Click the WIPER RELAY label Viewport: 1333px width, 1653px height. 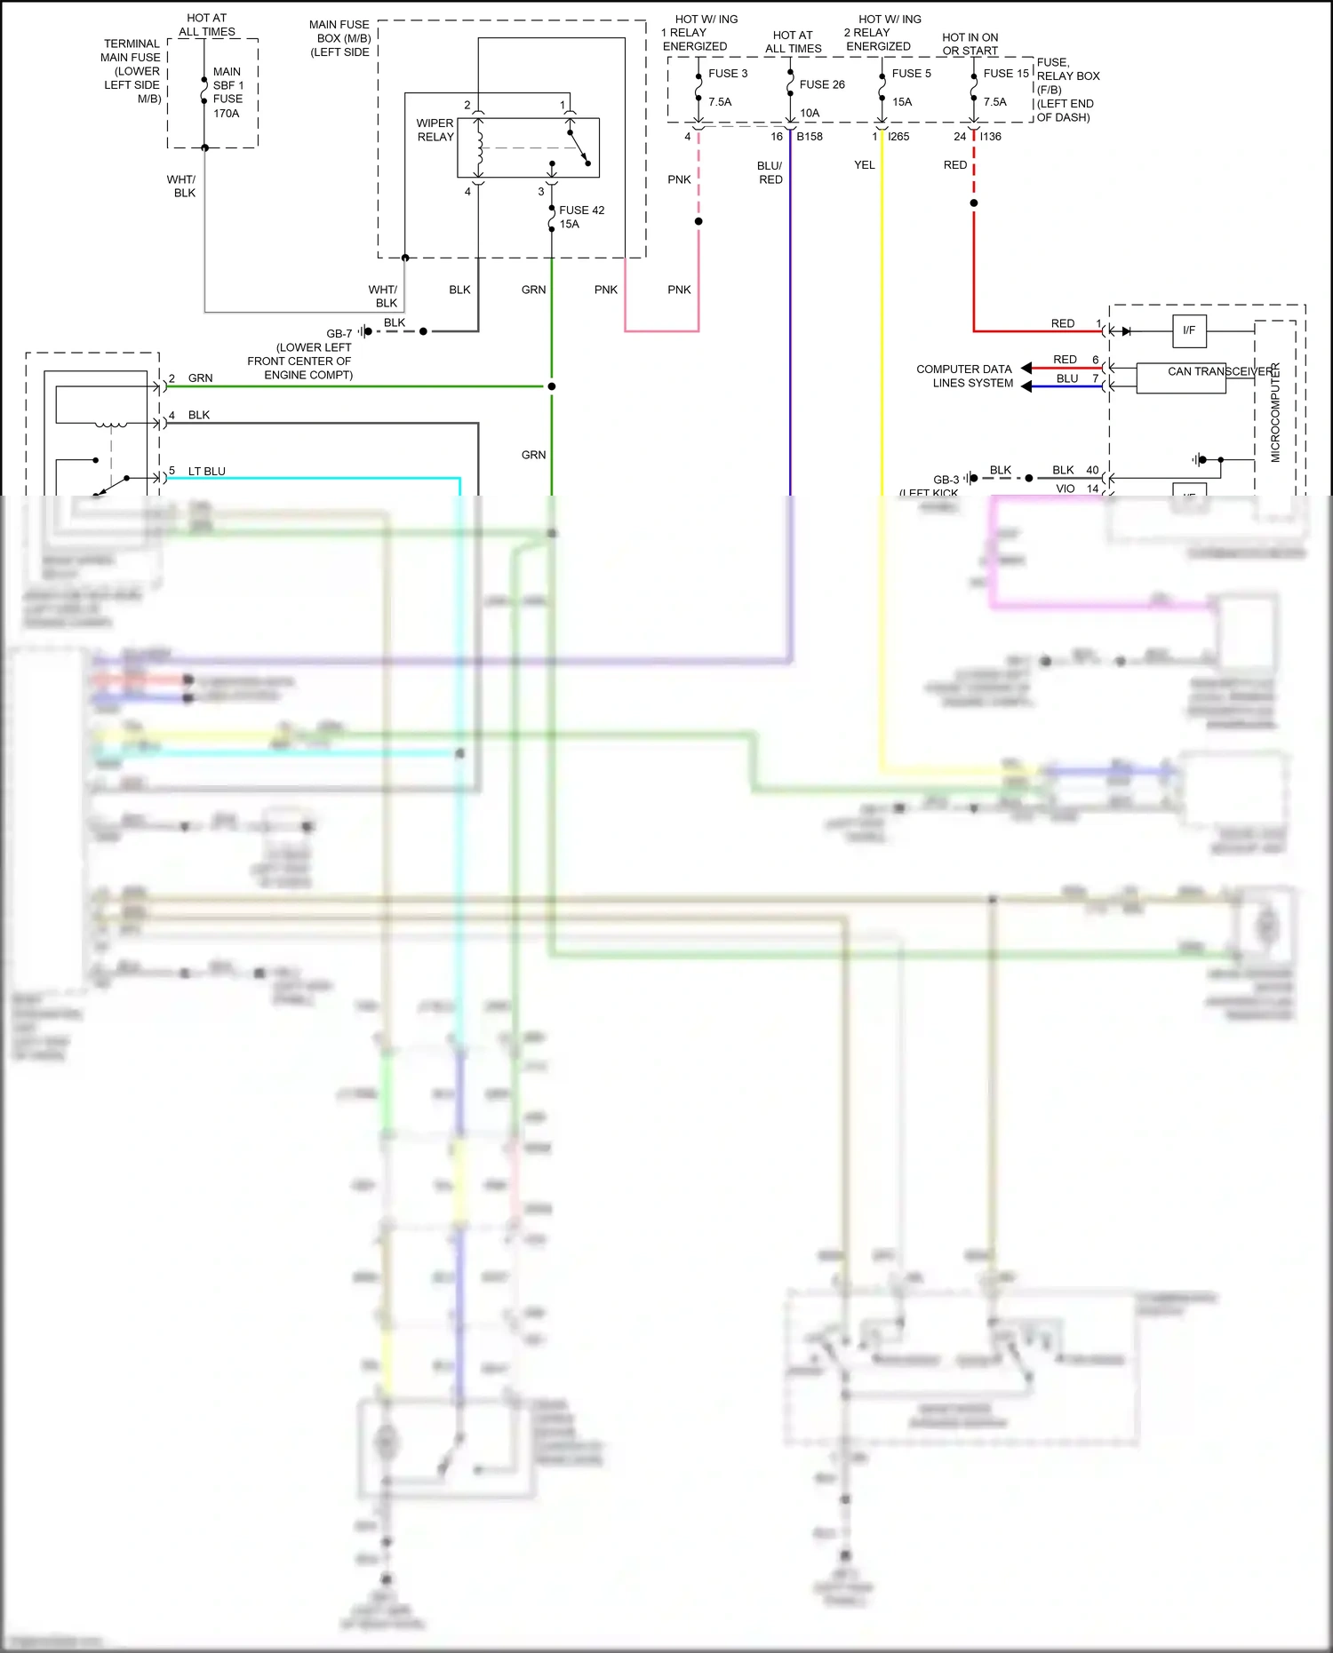(435, 130)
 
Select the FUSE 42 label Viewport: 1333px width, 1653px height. (581, 211)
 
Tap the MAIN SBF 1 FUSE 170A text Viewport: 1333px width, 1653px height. (227, 92)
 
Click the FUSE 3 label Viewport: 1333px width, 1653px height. (727, 74)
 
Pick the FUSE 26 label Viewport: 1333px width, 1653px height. (822, 84)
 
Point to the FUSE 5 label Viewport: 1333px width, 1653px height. (911, 74)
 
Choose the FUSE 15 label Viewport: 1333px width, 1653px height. (1005, 74)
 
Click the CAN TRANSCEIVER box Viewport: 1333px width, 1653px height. (1180, 377)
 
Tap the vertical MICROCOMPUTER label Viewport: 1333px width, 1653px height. (1275, 412)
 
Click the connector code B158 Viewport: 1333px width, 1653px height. (810, 137)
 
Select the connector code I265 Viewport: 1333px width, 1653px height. (898, 137)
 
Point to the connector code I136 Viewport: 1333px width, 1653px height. (991, 137)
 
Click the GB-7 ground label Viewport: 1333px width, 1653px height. (339, 334)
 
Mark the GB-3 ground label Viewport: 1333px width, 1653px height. (946, 480)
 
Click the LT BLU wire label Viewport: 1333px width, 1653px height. (206, 472)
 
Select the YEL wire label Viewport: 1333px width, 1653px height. (864, 165)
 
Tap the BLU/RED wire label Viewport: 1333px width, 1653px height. (770, 172)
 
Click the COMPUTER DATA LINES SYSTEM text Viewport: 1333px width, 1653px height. (964, 376)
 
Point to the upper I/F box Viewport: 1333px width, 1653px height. (1189, 330)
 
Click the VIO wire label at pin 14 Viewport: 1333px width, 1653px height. (1065, 489)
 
